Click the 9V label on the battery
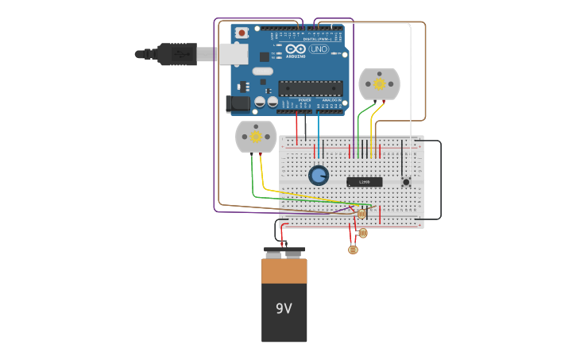click(x=284, y=308)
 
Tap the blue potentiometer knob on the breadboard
click(x=319, y=175)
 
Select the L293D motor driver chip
click(x=364, y=182)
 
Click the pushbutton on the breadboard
click(x=406, y=182)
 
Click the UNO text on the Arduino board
click(x=319, y=49)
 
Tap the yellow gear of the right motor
click(x=379, y=83)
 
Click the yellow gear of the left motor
click(x=256, y=137)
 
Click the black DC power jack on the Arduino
click(x=236, y=103)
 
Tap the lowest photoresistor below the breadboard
click(x=354, y=250)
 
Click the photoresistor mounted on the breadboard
click(x=361, y=214)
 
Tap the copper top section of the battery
click(x=284, y=271)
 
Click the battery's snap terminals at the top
click(x=284, y=253)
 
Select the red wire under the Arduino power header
click(x=297, y=126)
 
